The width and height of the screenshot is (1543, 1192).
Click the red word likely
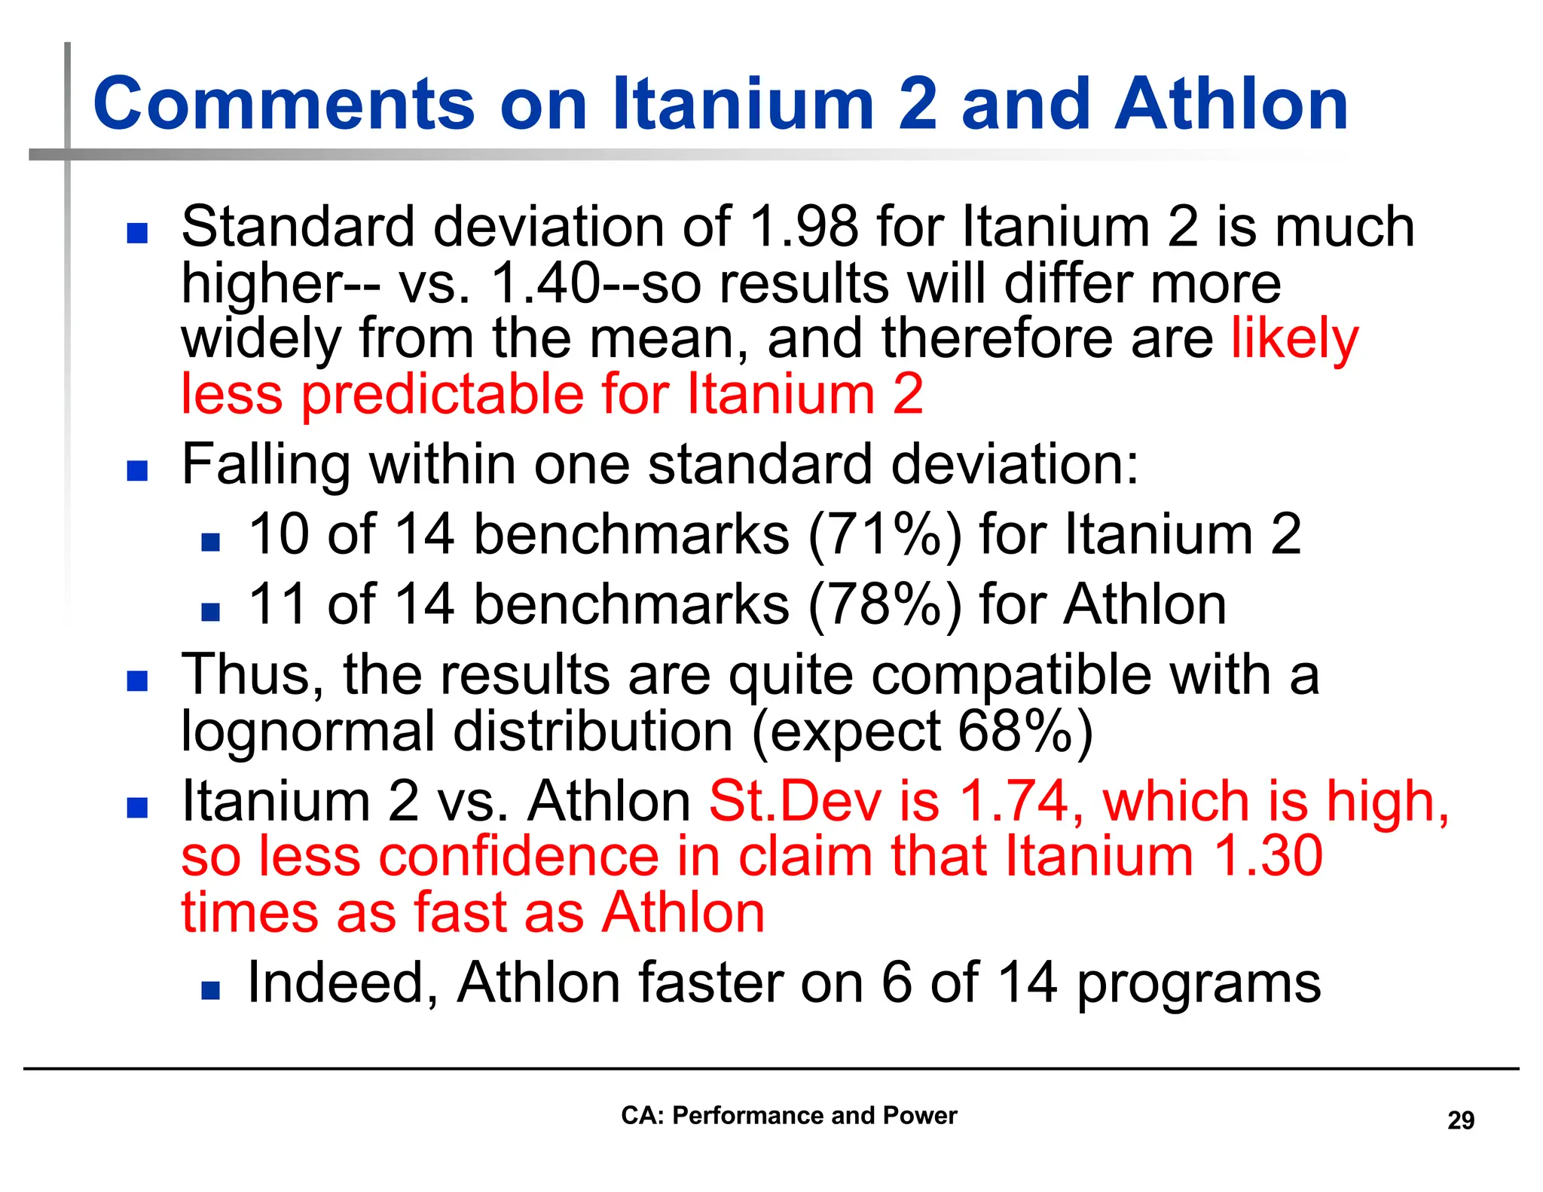1294,339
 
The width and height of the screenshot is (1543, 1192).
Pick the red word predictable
442,394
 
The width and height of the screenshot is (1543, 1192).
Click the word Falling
266,465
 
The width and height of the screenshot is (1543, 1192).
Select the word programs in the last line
1199,984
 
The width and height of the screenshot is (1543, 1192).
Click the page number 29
1460,1120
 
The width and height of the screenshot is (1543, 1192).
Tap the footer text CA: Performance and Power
789,1115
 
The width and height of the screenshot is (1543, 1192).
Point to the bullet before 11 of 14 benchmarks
210,611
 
